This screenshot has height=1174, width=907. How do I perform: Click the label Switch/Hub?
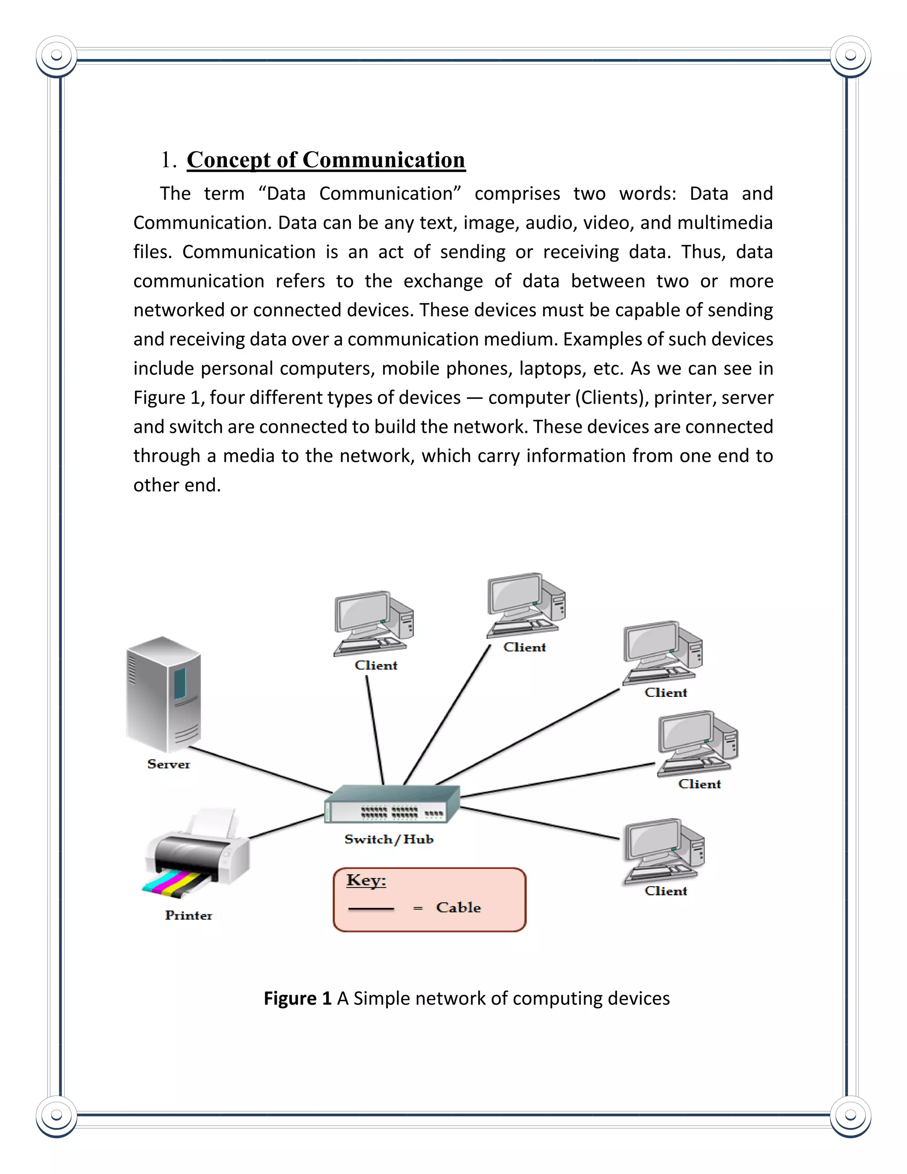388,840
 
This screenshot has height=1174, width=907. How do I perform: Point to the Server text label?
168,764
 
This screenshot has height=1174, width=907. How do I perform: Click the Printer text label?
188,915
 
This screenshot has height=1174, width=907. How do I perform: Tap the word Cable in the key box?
458,907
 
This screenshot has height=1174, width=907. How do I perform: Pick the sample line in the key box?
371,909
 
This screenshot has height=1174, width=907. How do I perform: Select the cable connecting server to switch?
260,770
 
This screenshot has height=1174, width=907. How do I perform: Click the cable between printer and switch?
286,827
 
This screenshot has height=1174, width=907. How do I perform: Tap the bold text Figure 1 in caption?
297,998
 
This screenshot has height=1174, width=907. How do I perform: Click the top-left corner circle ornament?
56,56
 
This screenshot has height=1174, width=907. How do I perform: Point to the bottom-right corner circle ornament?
850,1116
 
